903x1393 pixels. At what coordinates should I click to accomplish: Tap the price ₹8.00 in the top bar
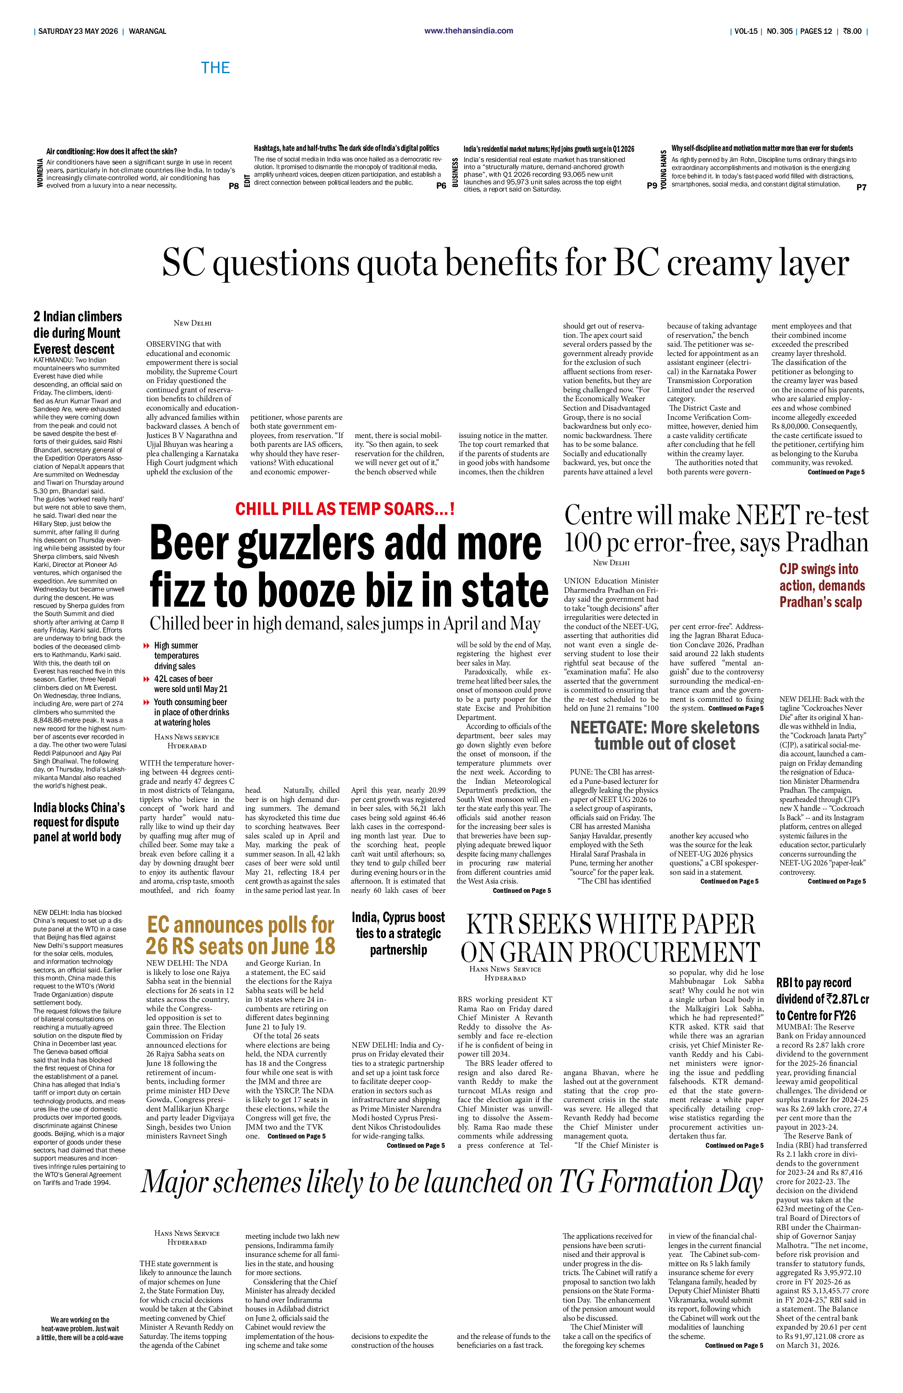click(852, 31)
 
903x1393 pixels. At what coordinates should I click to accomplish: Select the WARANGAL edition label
click(148, 31)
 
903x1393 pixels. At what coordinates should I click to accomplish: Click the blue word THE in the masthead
click(215, 68)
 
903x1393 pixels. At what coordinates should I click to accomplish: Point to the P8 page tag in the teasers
click(233, 186)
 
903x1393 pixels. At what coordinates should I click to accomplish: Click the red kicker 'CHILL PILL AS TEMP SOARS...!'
click(345, 509)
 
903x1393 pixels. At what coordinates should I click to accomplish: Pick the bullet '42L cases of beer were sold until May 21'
click(190, 684)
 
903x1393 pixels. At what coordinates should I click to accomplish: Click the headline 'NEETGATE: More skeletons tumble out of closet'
click(665, 735)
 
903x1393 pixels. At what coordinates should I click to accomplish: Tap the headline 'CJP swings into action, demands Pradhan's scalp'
click(822, 585)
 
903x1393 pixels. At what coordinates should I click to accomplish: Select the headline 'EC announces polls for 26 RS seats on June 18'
click(241, 935)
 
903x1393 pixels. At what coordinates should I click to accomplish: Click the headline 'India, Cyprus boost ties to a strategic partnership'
click(398, 933)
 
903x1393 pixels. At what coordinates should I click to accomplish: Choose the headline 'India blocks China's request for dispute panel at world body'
click(79, 822)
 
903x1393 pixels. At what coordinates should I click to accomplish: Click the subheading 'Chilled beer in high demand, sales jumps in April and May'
click(345, 623)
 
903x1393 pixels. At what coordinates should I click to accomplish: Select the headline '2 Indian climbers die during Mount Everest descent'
click(77, 332)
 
